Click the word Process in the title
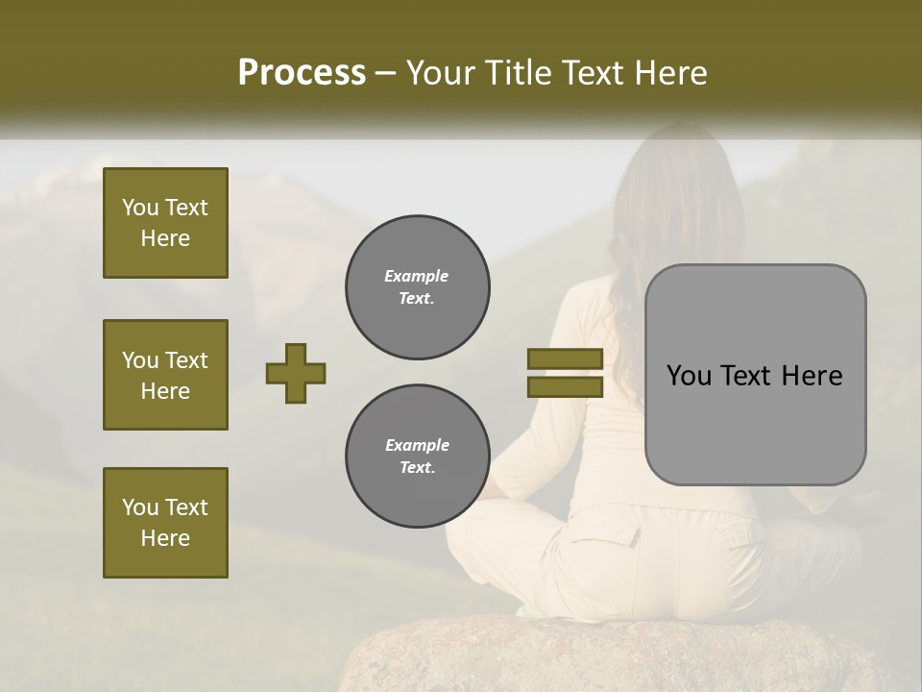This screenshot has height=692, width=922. click(302, 73)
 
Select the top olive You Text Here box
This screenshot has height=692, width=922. click(165, 223)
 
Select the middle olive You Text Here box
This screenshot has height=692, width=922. click(165, 375)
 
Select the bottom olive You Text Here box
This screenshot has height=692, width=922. click(165, 523)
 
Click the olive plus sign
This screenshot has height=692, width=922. click(295, 374)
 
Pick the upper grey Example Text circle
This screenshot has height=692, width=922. click(417, 287)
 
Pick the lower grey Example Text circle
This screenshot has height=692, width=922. click(417, 457)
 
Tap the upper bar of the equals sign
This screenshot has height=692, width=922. click(565, 359)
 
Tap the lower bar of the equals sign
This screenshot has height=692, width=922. click(565, 387)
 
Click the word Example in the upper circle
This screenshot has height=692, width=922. click(417, 276)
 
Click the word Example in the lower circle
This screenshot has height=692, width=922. click(417, 445)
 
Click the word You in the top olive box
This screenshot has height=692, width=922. click(140, 208)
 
